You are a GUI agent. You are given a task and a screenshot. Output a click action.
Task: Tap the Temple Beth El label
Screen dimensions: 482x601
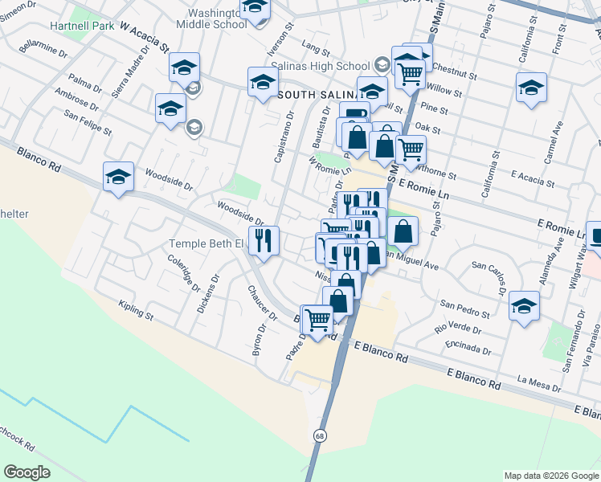204,243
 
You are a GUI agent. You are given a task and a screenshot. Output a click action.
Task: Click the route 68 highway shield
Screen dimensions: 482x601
320,434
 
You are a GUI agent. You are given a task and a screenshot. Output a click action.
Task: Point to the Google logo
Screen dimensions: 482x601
27,472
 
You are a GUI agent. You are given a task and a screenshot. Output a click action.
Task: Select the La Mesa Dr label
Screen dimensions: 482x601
539,383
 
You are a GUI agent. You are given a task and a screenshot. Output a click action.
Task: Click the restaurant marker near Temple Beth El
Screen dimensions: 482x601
263,239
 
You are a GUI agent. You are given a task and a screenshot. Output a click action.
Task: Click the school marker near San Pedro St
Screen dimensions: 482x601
524,306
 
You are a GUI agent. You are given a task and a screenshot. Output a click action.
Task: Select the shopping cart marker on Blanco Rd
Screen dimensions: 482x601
317,320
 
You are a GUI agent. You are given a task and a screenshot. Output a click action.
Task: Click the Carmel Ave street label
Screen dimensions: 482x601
554,143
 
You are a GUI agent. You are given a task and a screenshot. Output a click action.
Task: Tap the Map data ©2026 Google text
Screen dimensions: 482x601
550,476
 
